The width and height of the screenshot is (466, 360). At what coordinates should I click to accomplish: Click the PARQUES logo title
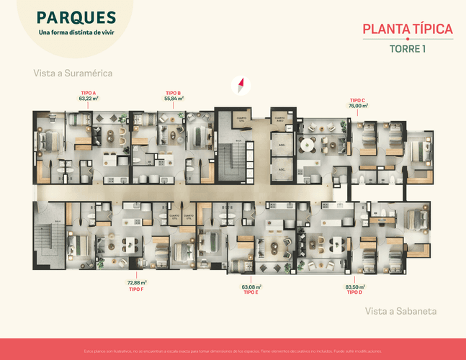76,17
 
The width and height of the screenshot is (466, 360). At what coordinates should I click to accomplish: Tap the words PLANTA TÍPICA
407,30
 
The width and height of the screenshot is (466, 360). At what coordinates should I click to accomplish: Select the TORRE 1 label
407,49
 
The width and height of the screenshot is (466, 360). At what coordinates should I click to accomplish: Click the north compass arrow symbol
242,86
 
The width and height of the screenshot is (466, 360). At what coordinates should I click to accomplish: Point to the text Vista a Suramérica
73,73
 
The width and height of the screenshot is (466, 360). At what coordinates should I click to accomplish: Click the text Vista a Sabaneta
401,311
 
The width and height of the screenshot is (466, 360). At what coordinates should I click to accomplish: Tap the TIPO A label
89,93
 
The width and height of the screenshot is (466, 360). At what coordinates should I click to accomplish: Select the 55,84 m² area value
173,98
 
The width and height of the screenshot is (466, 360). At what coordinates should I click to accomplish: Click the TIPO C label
358,100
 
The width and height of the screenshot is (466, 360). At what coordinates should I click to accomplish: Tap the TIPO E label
251,292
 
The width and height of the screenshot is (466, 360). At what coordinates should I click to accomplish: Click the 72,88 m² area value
137,283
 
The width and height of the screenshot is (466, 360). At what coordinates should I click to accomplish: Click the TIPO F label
137,289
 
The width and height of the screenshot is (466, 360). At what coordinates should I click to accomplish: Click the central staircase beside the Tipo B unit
231,159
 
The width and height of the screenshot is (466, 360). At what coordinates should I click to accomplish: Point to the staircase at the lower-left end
50,238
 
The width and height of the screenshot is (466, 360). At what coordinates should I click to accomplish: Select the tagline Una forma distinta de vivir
76,32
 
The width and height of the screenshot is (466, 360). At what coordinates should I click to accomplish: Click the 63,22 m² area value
89,98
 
